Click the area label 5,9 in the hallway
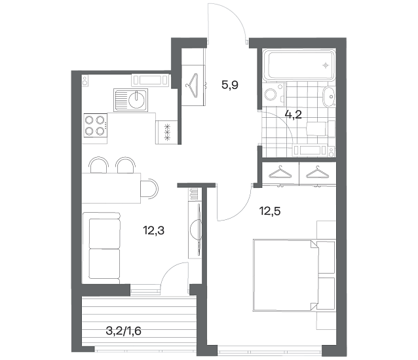[230, 85]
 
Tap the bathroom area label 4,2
[294, 115]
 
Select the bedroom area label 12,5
[270, 211]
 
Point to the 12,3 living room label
[153, 230]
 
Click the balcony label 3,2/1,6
[123, 331]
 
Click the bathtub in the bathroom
[299, 65]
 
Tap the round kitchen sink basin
[137, 99]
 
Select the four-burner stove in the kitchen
[96, 125]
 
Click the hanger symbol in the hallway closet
[192, 85]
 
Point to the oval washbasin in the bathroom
[329, 97]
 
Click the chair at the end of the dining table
[149, 189]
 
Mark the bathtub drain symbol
[326, 65]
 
